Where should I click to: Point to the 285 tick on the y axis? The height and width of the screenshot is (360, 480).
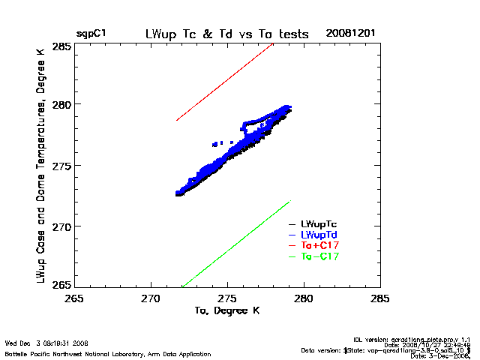point(62,46)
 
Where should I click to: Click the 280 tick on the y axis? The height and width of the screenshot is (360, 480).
point(62,104)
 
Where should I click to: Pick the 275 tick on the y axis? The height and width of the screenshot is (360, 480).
point(62,165)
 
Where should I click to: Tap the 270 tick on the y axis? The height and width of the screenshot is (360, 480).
point(62,226)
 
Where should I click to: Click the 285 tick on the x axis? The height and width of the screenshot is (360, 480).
point(380,298)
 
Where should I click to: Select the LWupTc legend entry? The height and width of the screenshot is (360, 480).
point(319,223)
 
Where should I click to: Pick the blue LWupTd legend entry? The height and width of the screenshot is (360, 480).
point(319,235)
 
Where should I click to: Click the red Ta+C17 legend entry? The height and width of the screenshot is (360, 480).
point(319,245)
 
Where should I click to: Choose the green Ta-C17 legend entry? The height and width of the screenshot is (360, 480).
point(319,256)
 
